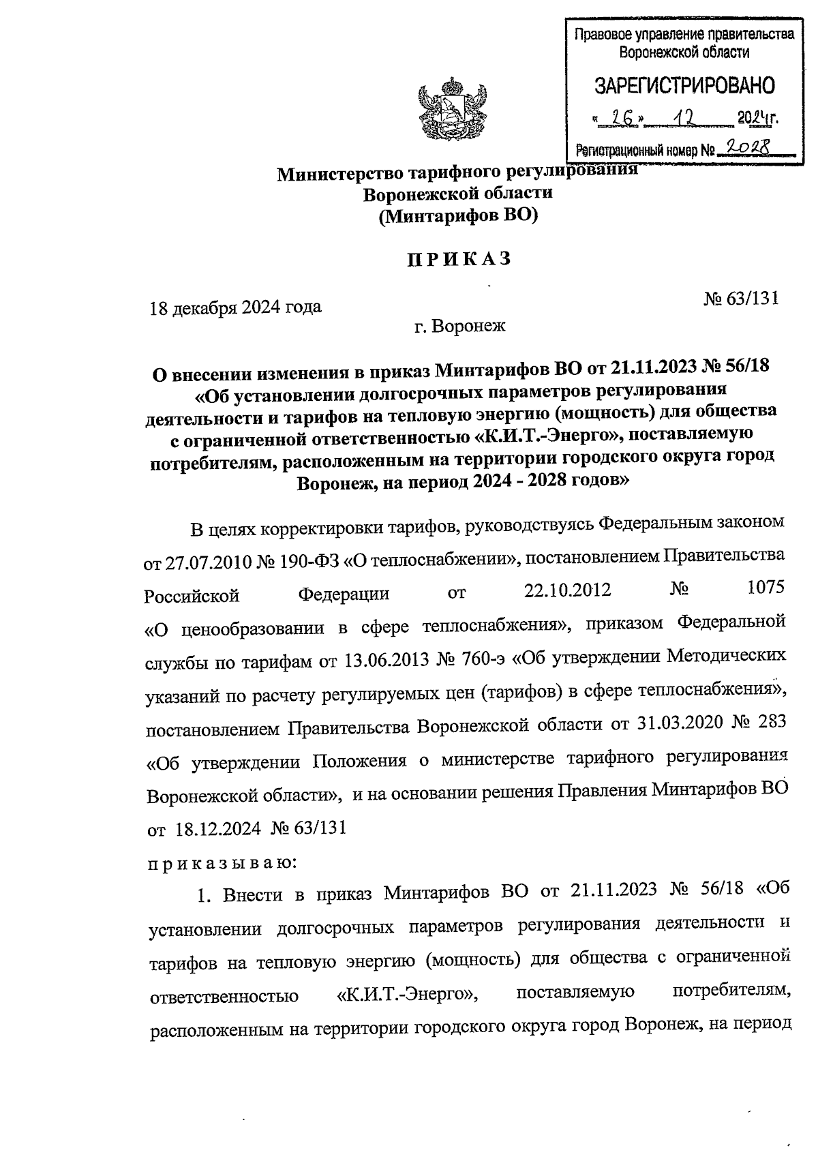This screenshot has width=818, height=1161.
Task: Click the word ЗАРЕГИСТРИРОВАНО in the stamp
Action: [684, 86]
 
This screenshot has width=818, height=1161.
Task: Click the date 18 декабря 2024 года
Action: [236, 307]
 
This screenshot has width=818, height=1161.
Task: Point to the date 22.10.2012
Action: [566, 590]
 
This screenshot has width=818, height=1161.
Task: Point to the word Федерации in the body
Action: [344, 594]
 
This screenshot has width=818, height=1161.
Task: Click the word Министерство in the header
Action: [339, 174]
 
